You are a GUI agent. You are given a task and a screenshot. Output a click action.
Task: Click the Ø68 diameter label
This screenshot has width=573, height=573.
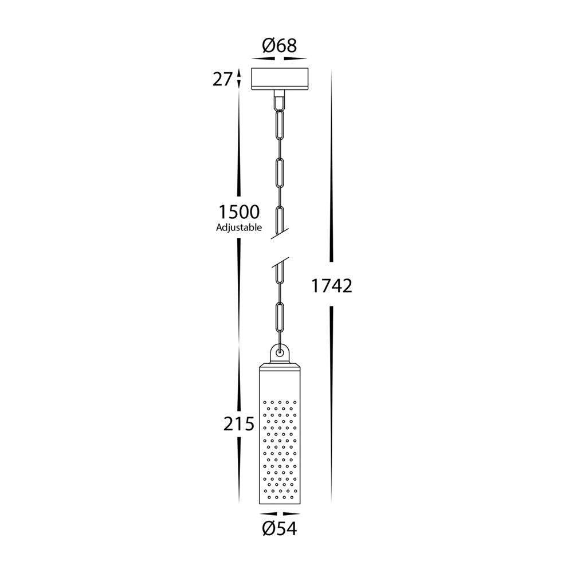(x=280, y=46)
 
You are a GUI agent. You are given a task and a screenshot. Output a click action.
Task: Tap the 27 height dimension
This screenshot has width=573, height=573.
(x=222, y=79)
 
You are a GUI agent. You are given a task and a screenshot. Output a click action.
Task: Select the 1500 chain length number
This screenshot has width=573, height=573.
(x=239, y=212)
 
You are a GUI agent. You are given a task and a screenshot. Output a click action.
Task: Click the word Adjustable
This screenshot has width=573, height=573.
(x=239, y=227)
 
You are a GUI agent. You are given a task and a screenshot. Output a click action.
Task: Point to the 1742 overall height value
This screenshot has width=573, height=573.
(x=331, y=285)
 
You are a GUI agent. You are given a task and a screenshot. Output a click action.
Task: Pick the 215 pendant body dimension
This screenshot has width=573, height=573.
(x=238, y=424)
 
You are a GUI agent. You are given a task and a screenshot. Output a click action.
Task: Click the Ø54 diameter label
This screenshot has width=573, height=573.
(x=280, y=529)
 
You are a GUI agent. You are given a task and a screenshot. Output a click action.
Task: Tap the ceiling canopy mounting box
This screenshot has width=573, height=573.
(x=280, y=79)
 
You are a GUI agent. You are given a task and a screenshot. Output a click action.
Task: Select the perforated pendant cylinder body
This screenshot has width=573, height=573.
(x=280, y=434)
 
